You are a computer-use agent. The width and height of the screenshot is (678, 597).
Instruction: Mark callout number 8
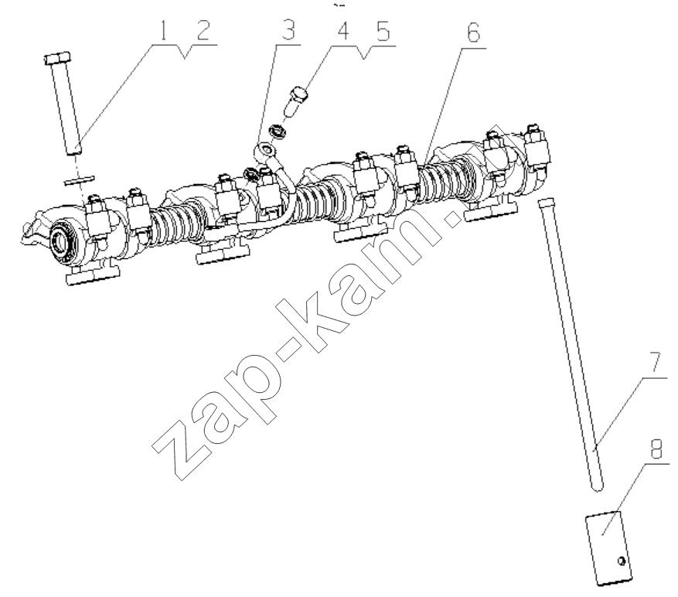(656, 449)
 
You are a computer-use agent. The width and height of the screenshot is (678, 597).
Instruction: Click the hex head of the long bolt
(57, 58)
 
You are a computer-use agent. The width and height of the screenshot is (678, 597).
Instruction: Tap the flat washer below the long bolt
(79, 179)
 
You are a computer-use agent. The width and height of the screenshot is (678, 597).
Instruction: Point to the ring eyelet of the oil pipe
(265, 151)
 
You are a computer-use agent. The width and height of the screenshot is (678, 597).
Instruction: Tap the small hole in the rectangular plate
(622, 561)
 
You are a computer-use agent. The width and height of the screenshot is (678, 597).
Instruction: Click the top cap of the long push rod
(545, 202)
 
